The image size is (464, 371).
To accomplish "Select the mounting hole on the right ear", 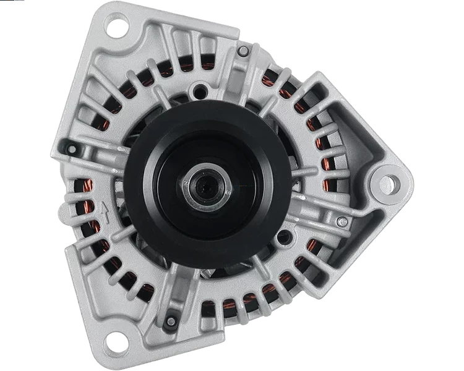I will click(x=387, y=182).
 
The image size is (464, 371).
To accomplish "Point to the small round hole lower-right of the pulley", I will click(x=283, y=236).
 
